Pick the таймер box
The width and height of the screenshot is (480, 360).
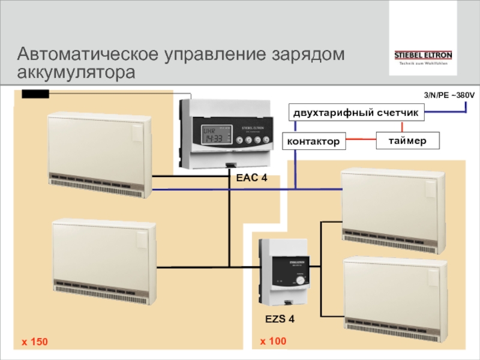click(x=407, y=141)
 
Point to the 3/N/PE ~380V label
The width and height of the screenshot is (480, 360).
click(x=449, y=95)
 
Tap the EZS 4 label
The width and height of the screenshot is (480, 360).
click(x=280, y=319)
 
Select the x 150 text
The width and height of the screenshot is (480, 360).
click(x=34, y=342)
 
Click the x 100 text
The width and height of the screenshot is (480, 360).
click(x=273, y=341)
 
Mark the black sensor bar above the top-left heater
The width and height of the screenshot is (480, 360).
click(x=35, y=94)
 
